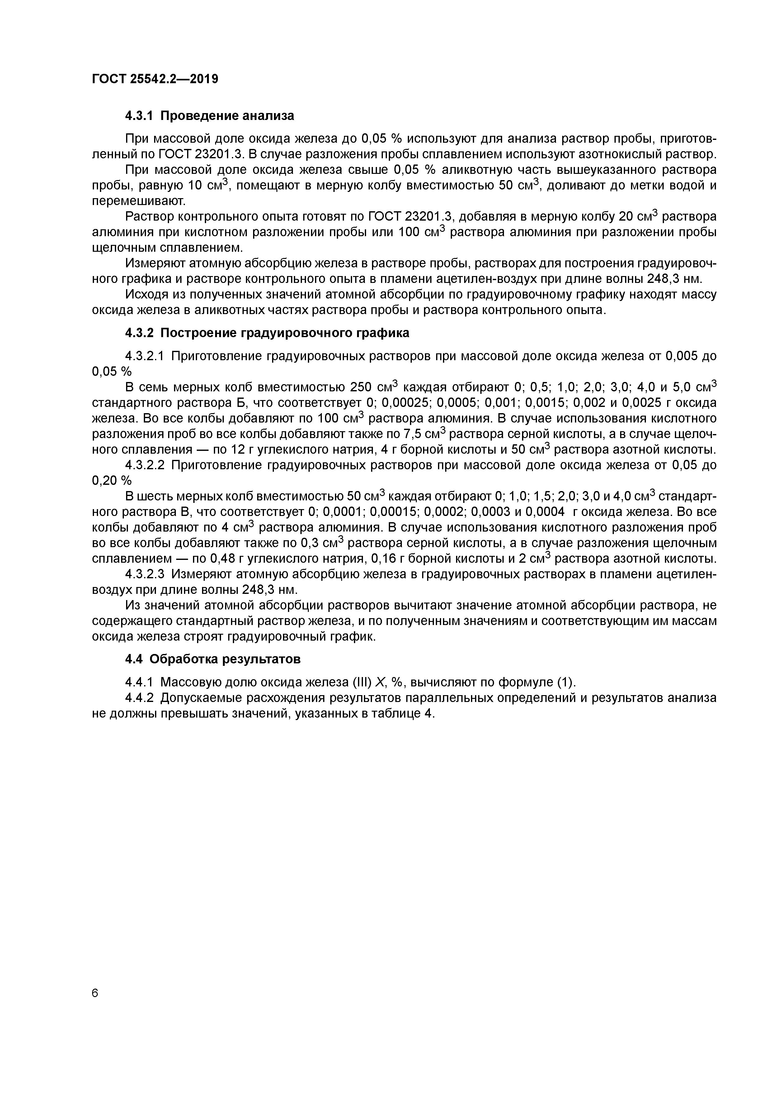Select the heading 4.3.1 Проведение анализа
(209, 116)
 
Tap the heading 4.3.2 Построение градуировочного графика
(267, 333)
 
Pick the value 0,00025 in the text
(405, 403)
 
